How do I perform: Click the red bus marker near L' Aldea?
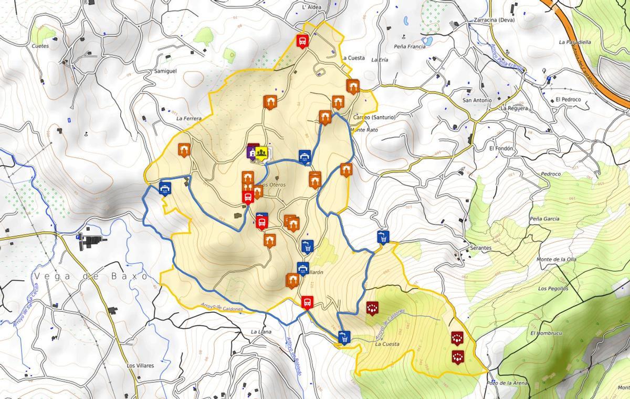click(x=302, y=40)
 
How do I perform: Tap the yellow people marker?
click(x=262, y=152)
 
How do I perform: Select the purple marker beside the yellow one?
click(x=253, y=151)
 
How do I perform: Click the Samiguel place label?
click(x=165, y=71)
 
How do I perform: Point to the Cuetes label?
click(x=40, y=46)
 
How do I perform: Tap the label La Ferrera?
click(x=189, y=119)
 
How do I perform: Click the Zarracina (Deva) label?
click(x=494, y=21)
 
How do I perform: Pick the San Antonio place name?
click(x=477, y=100)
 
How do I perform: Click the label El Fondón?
click(x=501, y=149)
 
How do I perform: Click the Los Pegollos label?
click(x=553, y=289)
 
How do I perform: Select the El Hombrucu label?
click(x=547, y=333)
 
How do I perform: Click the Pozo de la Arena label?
click(x=508, y=383)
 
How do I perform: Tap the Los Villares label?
click(x=140, y=365)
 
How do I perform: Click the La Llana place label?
click(x=261, y=332)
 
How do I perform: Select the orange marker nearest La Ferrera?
click(x=184, y=150)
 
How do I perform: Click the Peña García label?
click(x=544, y=219)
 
